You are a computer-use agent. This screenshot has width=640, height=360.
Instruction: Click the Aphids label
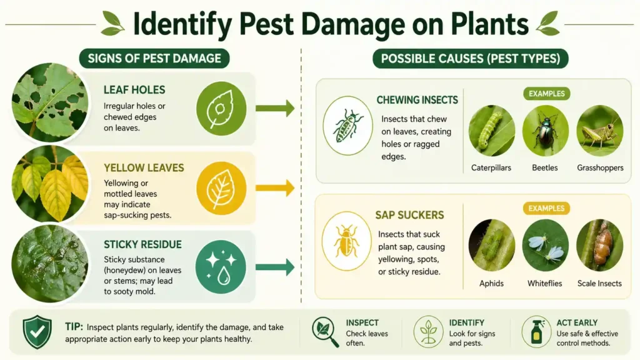(x=491, y=283)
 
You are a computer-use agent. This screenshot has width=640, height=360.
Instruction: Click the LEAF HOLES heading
(x=134, y=90)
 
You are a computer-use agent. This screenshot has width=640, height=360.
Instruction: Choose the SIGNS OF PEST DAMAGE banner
(x=154, y=59)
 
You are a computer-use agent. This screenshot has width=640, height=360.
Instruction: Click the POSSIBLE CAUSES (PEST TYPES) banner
(x=471, y=59)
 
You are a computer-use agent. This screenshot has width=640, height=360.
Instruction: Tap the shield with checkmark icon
(x=37, y=332)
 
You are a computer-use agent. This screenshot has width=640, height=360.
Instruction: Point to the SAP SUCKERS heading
(x=409, y=215)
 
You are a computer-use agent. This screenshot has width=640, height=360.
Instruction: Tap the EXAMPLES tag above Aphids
(x=546, y=208)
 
